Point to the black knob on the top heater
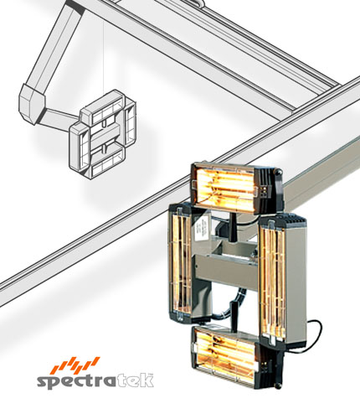pyautogui.click(x=278, y=173)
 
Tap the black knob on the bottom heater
pyautogui.click(x=277, y=385)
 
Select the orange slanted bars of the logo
pyautogui.click(x=76, y=365)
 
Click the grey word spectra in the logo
pyautogui.click(x=76, y=381)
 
